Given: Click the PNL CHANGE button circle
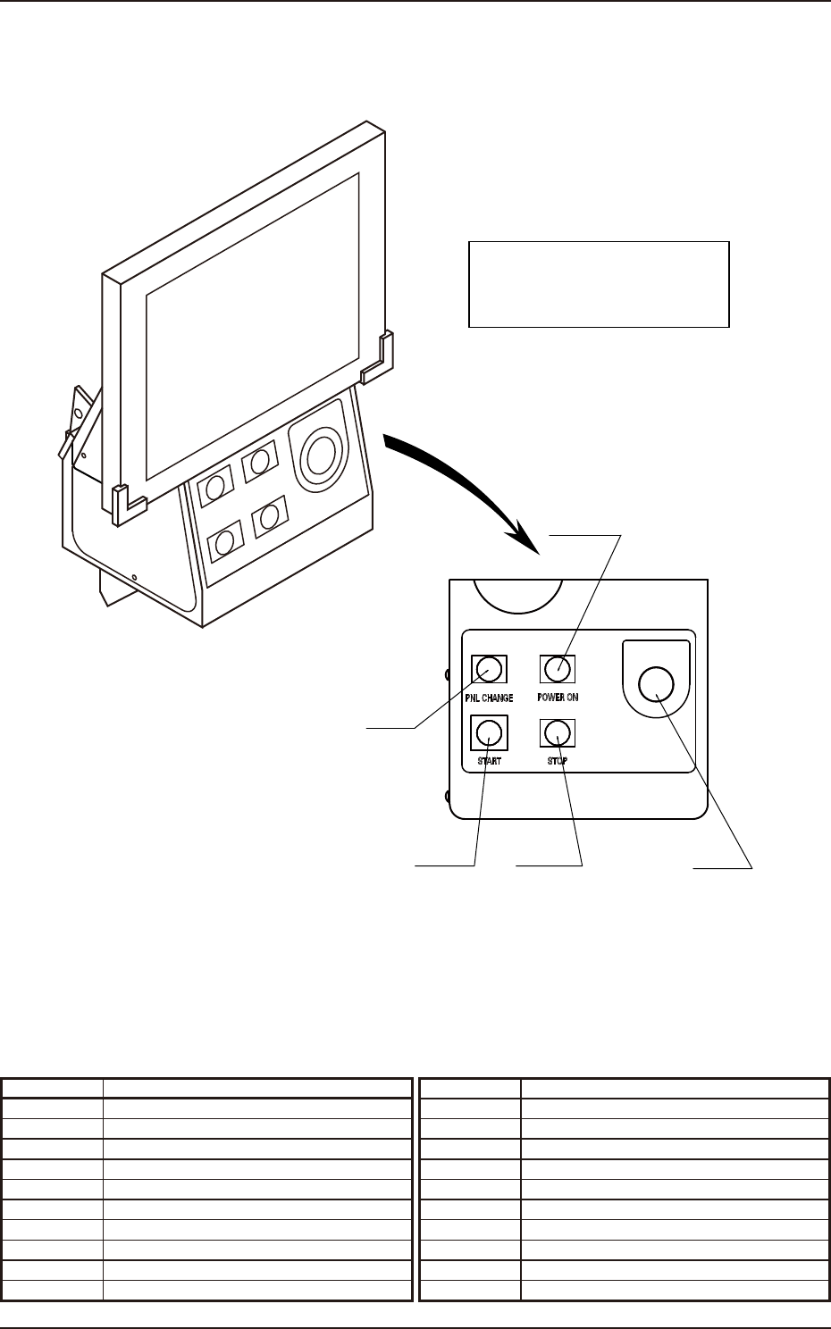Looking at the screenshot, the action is pyautogui.click(x=488, y=668).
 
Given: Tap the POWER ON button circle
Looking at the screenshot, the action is pyautogui.click(x=557, y=668).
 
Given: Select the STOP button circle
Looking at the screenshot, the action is pyautogui.click(x=557, y=733).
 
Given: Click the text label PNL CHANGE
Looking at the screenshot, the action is pyautogui.click(x=489, y=698).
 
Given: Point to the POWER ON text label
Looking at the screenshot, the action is pyautogui.click(x=558, y=698).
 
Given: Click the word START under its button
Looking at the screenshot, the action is pyautogui.click(x=488, y=762).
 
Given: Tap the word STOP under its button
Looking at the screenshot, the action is pyautogui.click(x=558, y=762).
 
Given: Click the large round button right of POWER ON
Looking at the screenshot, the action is pyautogui.click(x=657, y=684).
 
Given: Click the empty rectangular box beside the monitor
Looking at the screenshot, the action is pyautogui.click(x=599, y=283).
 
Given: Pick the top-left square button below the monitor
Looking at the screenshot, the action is pyautogui.click(x=214, y=487).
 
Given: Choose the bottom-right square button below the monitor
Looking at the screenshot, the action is pyautogui.click(x=270, y=519).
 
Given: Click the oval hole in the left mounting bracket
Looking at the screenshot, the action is pyautogui.click(x=78, y=414).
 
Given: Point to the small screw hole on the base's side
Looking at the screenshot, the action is pyautogui.click(x=134, y=577).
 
